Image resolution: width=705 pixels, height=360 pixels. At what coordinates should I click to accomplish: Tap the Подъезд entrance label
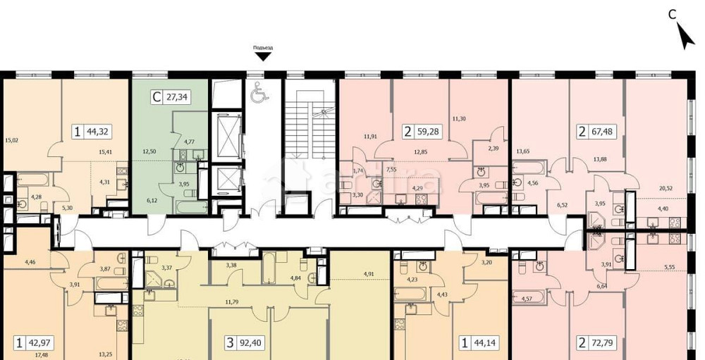[263, 48]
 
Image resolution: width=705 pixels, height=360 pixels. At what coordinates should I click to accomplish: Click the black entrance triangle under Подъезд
[263, 57]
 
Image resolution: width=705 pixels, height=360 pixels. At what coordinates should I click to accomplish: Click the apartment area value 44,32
[98, 130]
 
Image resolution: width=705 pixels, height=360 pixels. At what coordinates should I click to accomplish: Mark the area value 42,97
[40, 344]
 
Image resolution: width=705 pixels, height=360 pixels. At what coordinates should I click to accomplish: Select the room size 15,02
[11, 139]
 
